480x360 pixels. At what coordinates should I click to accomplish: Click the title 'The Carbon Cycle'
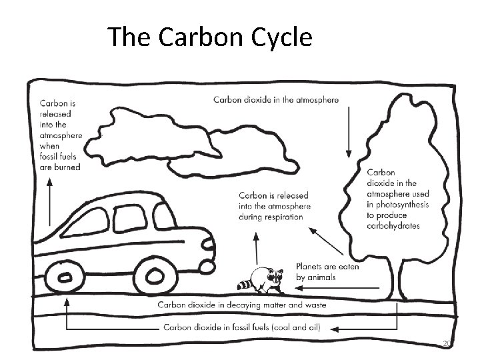pos(209,37)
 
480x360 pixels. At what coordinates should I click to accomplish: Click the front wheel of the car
pos(156,275)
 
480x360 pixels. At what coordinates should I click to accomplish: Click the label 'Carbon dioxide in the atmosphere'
pos(275,100)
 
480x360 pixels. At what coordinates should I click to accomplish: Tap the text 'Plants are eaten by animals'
pos(327,271)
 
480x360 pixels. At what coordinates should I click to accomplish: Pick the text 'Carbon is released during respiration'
pos(273,206)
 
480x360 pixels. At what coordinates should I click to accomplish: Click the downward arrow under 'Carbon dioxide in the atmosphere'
pos(348,134)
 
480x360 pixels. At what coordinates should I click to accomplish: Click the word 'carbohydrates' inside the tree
pos(393,226)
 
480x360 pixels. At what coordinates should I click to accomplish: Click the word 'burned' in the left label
pos(69,167)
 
